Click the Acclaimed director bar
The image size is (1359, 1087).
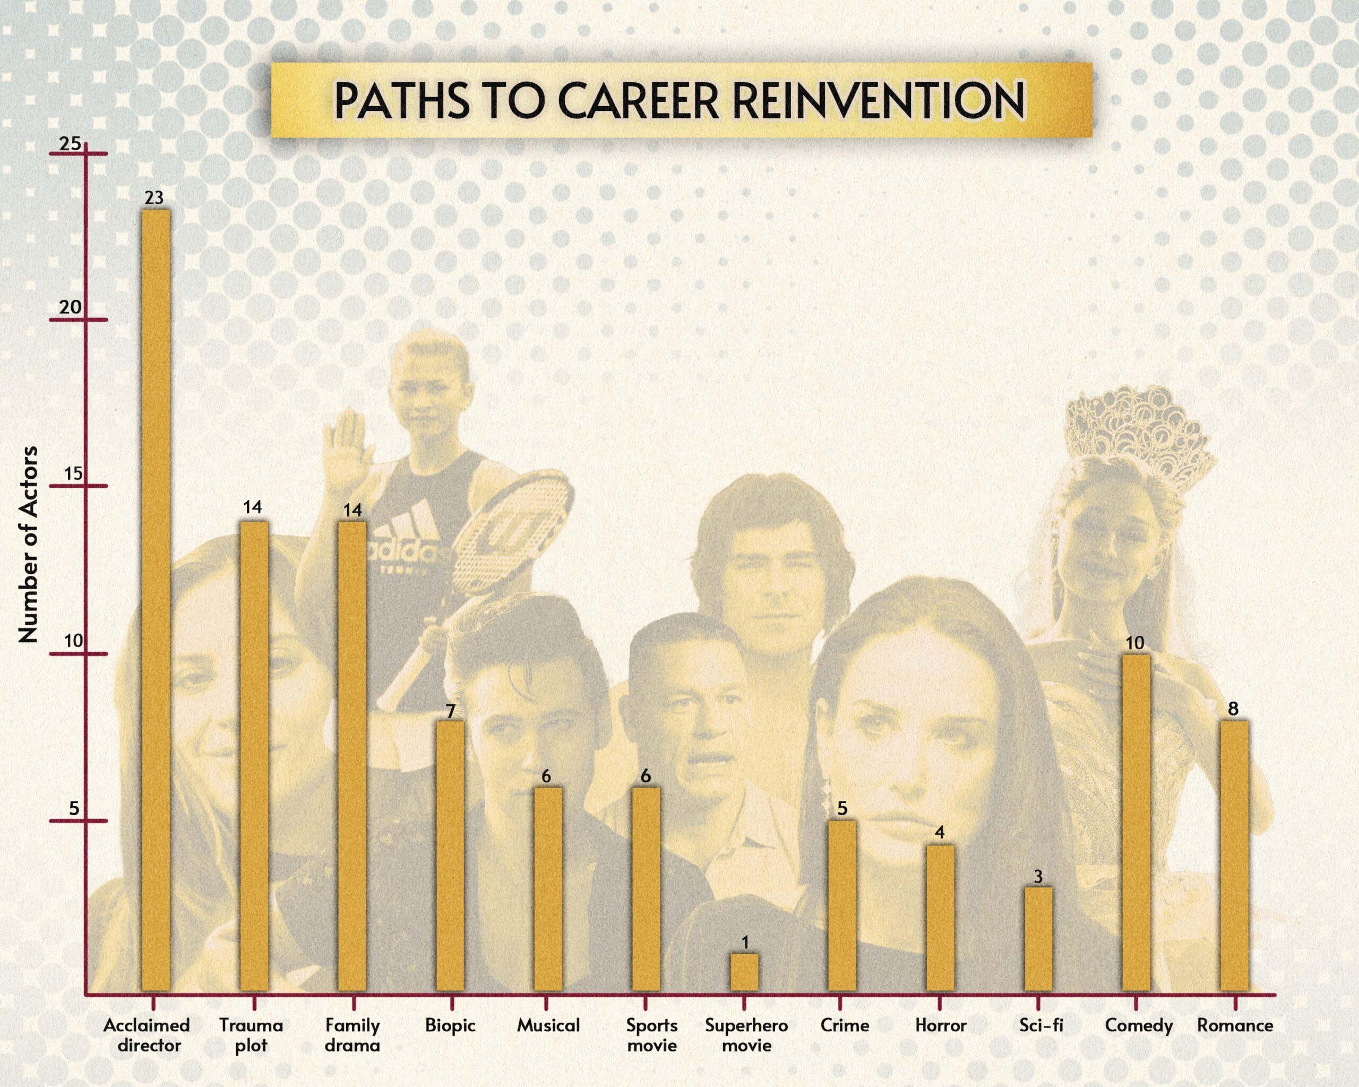[155, 605]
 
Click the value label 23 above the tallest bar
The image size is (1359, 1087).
[154, 198]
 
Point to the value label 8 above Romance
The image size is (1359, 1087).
[1234, 709]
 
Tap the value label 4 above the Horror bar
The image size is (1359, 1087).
[939, 832]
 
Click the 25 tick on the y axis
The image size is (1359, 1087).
[71, 144]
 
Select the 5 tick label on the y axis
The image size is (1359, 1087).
[74, 808]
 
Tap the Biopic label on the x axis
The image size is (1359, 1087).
[450, 1025]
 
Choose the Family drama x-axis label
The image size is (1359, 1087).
[352, 1036]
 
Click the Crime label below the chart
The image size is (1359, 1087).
[845, 1025]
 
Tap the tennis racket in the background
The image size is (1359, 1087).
[514, 536]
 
